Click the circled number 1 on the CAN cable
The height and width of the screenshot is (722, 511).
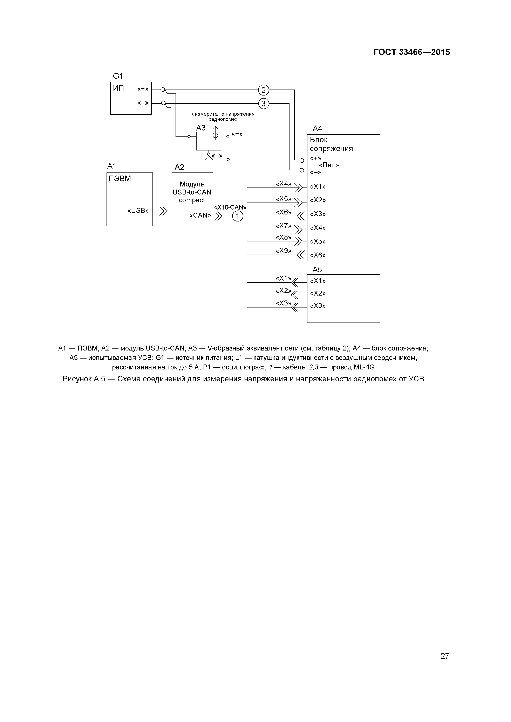click(238, 216)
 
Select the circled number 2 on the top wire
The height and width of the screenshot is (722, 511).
click(264, 90)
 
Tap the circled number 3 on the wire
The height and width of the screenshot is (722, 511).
click(264, 104)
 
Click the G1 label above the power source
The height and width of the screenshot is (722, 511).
click(118, 76)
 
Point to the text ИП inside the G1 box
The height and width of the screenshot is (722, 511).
click(119, 88)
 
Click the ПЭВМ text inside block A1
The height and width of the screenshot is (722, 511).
click(120, 179)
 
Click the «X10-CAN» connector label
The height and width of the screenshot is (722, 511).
click(230, 207)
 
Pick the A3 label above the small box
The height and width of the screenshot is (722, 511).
click(201, 128)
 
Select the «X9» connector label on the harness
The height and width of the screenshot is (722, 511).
click(283, 251)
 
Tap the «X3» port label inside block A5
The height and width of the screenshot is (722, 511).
click(318, 306)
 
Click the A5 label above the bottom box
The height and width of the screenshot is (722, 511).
click(317, 269)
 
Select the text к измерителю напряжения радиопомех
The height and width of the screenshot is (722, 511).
click(223, 117)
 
